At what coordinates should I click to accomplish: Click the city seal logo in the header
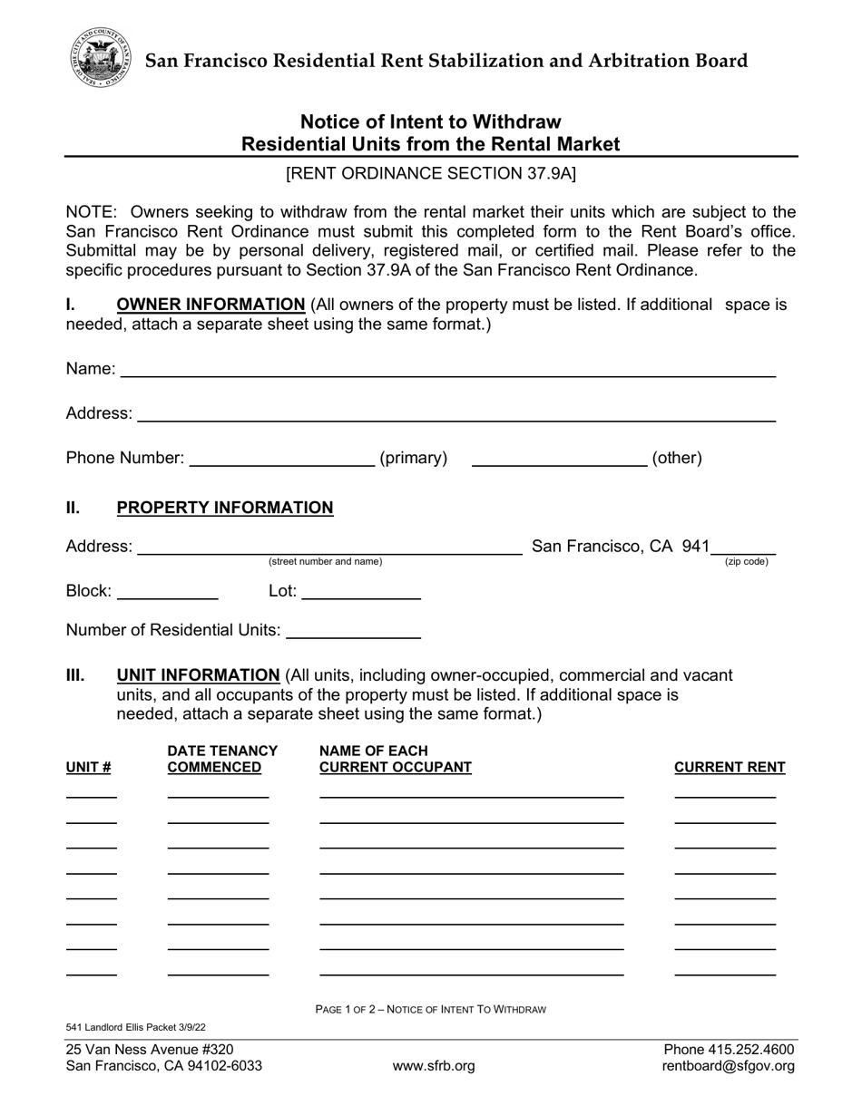100,57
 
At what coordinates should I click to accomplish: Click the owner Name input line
447,369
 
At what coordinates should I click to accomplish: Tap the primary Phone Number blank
281,459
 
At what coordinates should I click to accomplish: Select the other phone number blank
559,459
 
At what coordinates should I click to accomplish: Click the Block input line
168,593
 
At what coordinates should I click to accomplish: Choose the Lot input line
360,593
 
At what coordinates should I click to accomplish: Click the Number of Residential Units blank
353,631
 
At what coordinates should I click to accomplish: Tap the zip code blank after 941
744,547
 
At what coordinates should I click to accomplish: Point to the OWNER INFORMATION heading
211,305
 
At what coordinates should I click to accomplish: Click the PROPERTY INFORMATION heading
225,508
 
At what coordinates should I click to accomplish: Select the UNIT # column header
89,768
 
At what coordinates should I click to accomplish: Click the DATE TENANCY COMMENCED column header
222,760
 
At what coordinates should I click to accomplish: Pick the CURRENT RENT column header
730,768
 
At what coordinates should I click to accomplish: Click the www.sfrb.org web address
433,1066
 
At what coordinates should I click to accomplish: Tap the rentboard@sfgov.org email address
728,1066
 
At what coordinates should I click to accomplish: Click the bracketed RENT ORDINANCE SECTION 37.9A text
431,173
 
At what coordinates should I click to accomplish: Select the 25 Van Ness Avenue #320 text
150,1050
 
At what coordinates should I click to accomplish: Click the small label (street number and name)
325,562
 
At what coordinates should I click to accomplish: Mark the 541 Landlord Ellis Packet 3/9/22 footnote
136,1027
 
